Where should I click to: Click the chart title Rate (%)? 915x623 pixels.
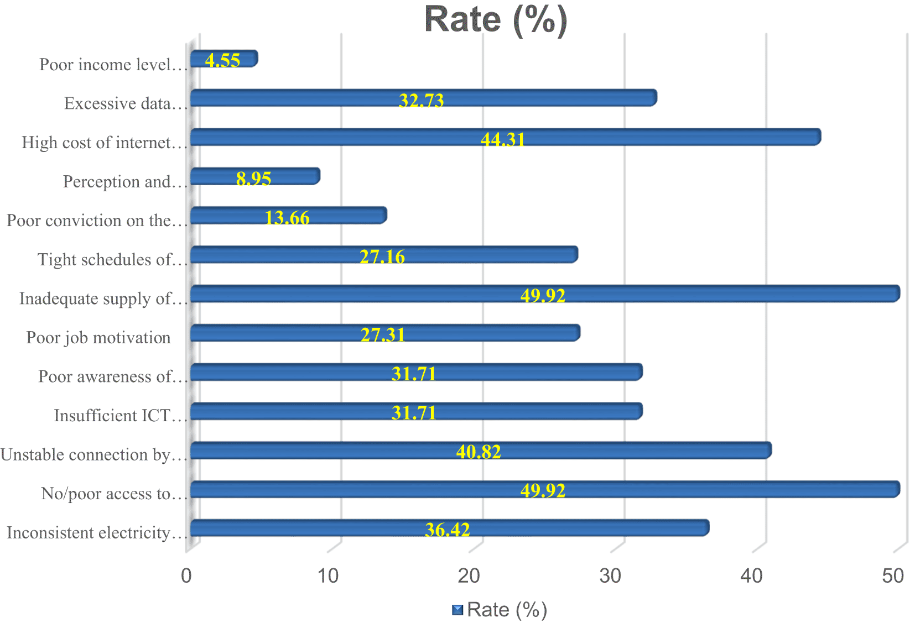click(x=496, y=20)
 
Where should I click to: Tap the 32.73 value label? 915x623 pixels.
click(x=421, y=101)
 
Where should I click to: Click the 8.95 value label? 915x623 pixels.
click(x=253, y=179)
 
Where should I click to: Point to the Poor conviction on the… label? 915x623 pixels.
click(x=96, y=221)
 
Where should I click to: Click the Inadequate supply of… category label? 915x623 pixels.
click(x=103, y=299)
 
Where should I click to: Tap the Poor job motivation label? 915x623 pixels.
click(x=98, y=338)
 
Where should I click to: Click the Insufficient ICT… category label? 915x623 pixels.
click(x=120, y=416)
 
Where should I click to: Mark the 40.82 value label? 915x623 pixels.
click(x=478, y=452)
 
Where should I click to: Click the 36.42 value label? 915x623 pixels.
click(x=447, y=530)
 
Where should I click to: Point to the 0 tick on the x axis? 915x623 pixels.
click(x=186, y=576)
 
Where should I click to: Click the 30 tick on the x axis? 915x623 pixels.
click(x=610, y=576)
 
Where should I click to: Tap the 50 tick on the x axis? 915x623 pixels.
click(x=892, y=576)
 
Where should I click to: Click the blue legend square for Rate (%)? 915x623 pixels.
click(x=457, y=610)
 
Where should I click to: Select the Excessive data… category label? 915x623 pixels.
click(x=125, y=103)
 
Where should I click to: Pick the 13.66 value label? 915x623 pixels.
click(x=287, y=218)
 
